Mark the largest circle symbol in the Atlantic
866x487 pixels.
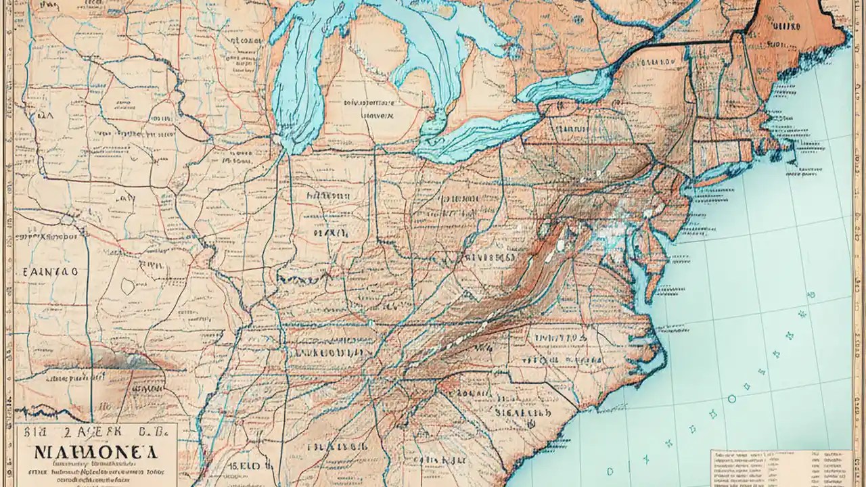point(731,398)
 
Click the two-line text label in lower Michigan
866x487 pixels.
point(369,110)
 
